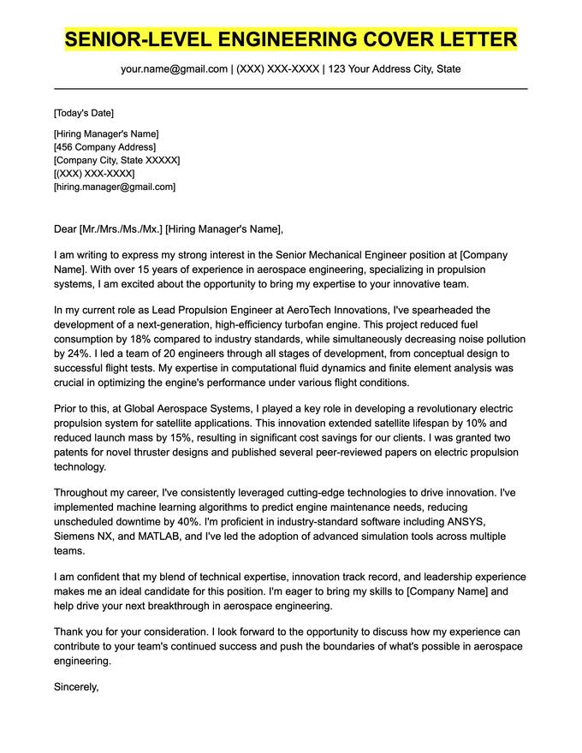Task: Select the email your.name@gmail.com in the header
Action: [174, 68]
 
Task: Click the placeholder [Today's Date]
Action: [83, 113]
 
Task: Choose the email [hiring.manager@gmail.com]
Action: [114, 186]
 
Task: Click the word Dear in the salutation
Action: [65, 228]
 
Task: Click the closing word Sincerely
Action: [76, 686]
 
